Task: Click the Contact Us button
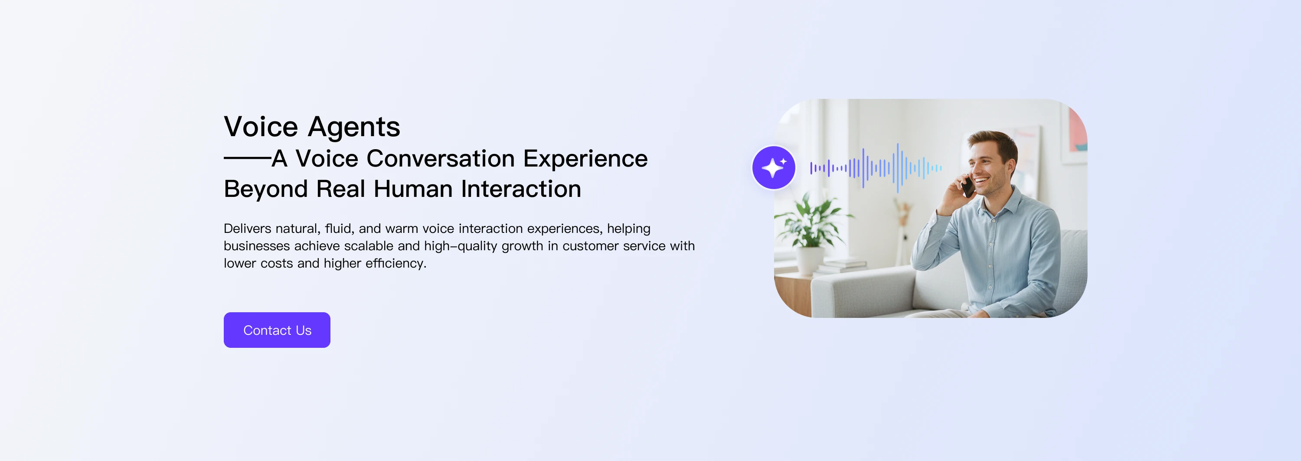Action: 277,330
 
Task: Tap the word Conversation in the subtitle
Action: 441,159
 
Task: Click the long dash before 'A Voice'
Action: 247,158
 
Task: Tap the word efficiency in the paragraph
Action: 396,263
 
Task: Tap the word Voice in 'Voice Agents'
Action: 261,127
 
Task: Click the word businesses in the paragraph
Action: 257,246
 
